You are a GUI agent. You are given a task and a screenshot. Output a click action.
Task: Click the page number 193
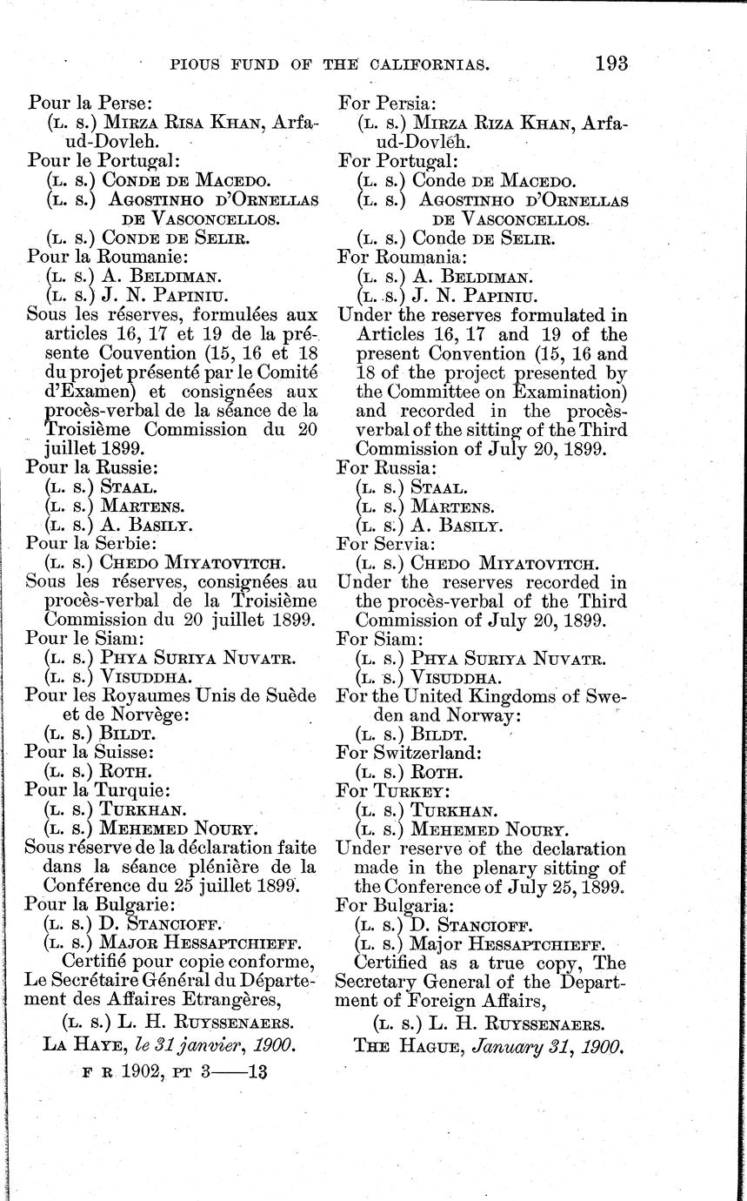tap(611, 64)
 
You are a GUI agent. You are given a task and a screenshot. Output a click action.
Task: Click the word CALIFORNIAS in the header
tap(444, 64)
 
